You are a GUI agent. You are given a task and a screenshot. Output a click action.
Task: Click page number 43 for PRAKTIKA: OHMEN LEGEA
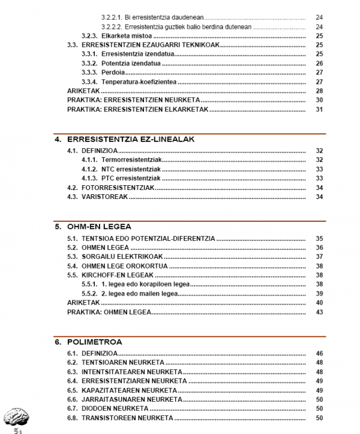coord(319,312)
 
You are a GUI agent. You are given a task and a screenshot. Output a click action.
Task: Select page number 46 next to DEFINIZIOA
coord(319,354)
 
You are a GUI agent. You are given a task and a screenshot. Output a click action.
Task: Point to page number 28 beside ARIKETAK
coord(319,91)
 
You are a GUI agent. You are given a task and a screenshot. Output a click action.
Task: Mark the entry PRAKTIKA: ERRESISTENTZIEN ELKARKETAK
coord(137,109)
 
